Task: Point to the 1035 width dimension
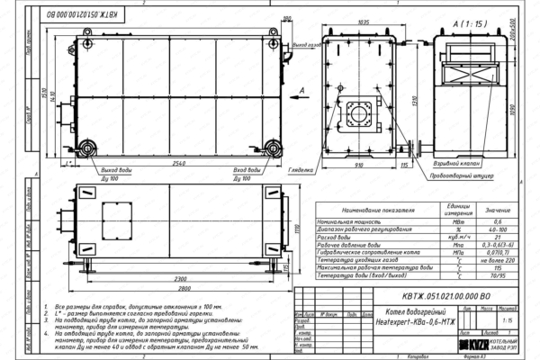tap(363, 20)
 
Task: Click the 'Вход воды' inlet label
tap(247, 170)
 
